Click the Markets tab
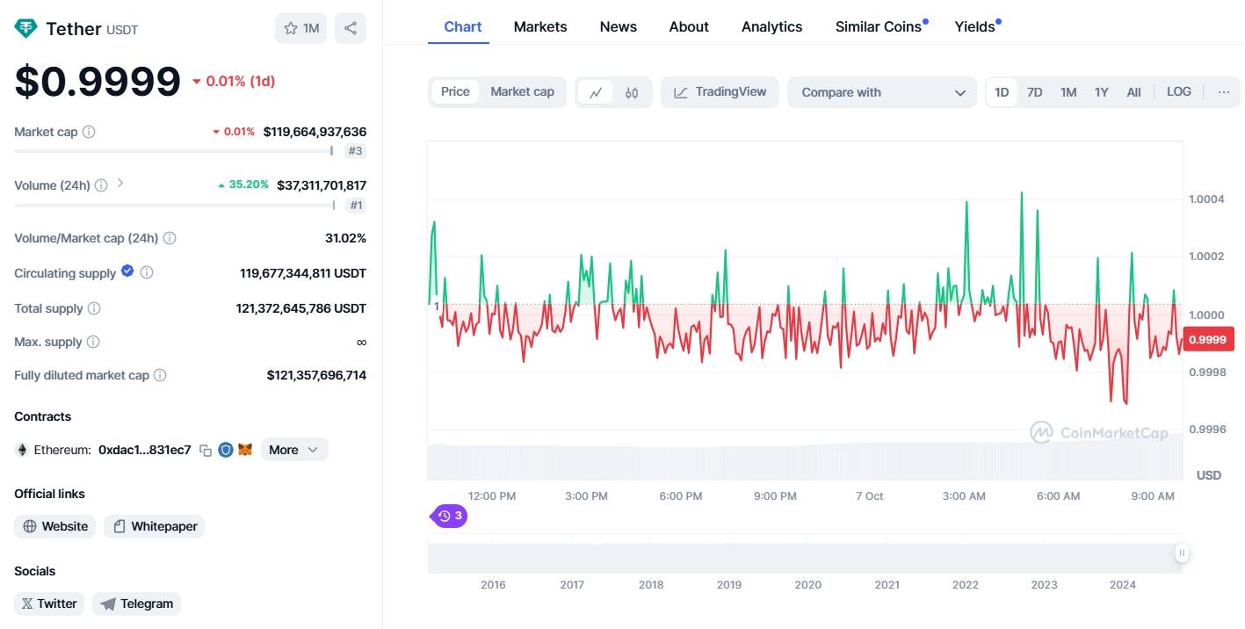point(539,26)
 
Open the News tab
point(618,26)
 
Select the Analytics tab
point(771,26)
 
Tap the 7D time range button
point(1034,92)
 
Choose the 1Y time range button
point(1101,92)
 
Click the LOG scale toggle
point(1178,91)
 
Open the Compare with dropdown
point(882,92)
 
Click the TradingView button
point(720,92)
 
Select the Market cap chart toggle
point(522,91)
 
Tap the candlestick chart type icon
point(632,93)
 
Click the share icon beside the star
point(351,28)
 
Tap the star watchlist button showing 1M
point(300,28)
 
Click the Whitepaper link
point(155,526)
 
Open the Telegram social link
point(137,604)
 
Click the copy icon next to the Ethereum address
point(206,450)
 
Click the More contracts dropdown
point(294,450)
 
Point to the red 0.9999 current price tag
point(1208,339)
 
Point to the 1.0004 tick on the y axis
point(1206,199)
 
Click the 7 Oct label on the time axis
point(869,495)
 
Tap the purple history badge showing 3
point(449,517)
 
